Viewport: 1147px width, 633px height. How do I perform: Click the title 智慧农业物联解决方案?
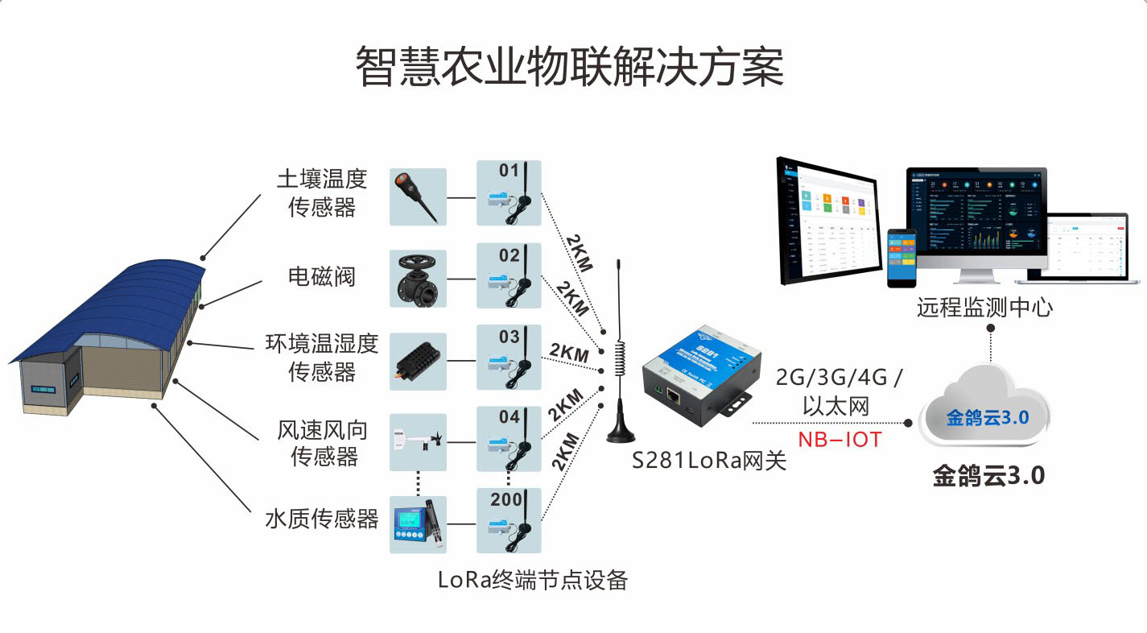570,66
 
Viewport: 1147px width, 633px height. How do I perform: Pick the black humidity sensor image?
418,362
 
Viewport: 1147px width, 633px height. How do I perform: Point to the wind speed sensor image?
418,441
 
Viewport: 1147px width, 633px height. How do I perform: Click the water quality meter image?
418,524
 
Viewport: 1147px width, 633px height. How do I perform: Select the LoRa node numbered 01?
509,193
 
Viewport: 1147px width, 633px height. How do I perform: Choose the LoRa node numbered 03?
509,358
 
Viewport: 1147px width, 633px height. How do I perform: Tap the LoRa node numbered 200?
509,520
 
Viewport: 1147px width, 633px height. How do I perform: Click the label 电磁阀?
322,277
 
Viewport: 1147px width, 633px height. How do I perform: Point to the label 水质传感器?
322,519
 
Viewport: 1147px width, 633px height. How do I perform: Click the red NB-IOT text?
840,440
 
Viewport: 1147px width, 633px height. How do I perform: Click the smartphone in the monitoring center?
902,258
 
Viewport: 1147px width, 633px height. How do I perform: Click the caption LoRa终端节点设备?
533,580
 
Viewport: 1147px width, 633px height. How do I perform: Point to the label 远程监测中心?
984,308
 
